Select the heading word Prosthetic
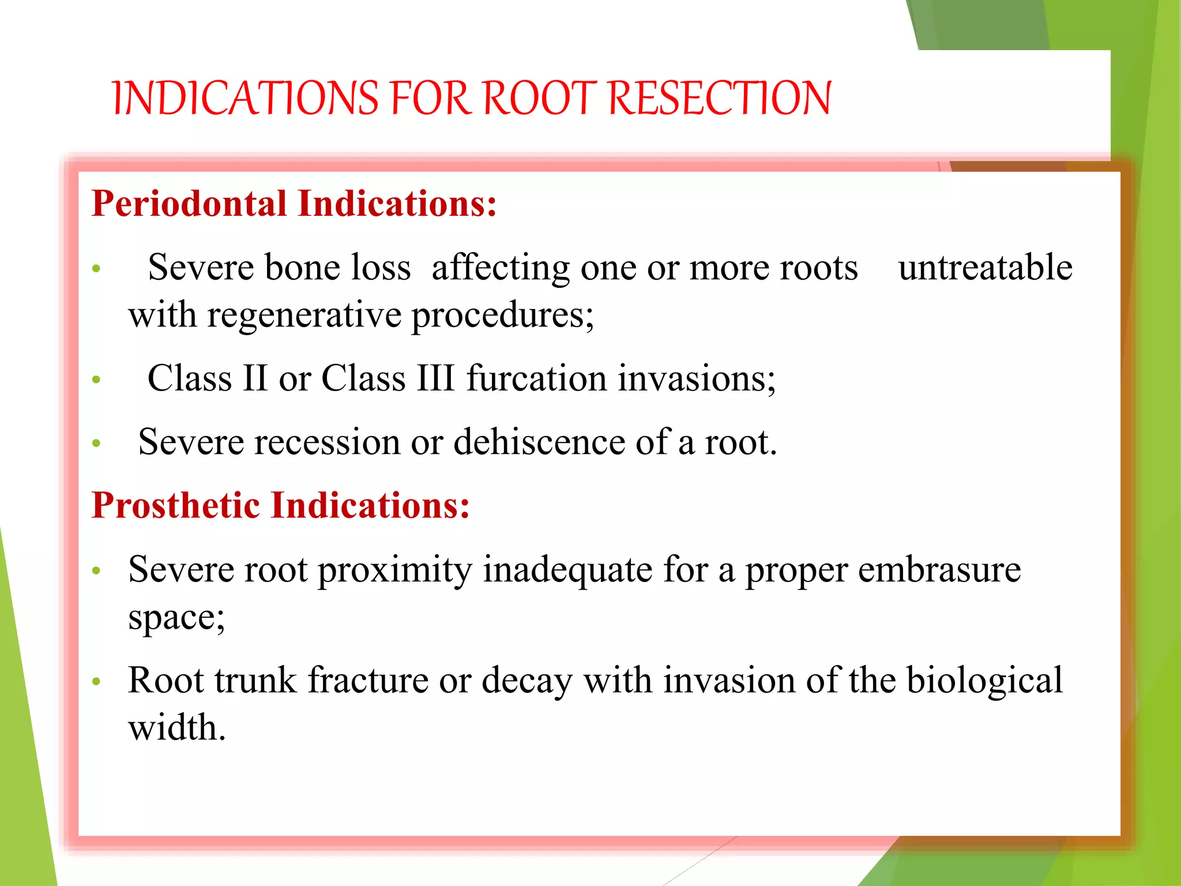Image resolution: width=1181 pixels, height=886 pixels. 176,505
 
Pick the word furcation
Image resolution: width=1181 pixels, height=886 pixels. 536,378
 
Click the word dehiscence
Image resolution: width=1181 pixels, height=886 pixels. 539,442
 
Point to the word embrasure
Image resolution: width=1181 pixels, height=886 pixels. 939,570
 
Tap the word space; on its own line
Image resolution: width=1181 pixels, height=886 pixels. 176,618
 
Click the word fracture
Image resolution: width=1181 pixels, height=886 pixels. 368,680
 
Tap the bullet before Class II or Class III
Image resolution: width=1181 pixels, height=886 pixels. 96,380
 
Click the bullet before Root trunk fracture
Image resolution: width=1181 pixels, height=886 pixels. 96,681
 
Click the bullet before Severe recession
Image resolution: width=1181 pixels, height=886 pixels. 96,443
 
